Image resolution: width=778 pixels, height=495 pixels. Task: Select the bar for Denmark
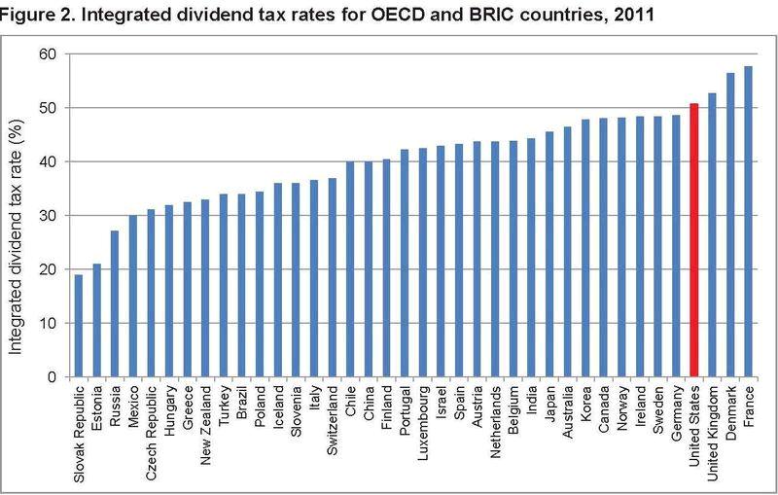730,224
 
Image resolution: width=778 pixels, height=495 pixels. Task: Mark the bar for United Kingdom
712,234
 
